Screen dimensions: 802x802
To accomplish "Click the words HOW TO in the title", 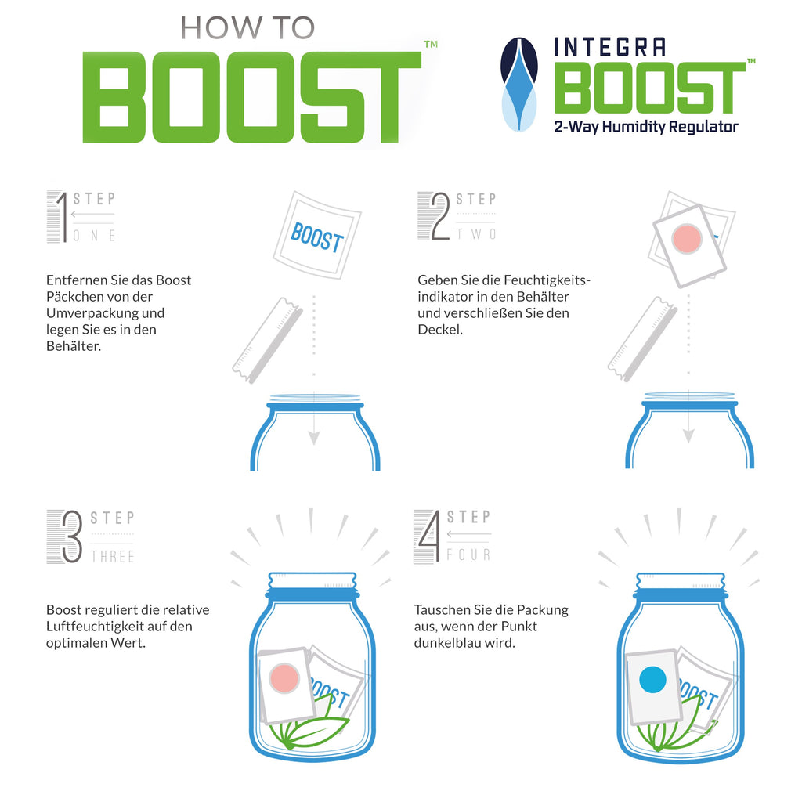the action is click(x=247, y=28).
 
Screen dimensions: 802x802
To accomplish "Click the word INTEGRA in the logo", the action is click(x=610, y=47).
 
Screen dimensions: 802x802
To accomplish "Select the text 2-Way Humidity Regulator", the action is click(x=646, y=127).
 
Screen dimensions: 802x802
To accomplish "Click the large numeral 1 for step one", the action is click(x=63, y=217).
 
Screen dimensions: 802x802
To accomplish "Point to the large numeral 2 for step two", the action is click(x=440, y=216).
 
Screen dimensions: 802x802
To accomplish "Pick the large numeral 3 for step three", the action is click(x=71, y=536).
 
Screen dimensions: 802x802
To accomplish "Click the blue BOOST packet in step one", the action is click(x=317, y=236).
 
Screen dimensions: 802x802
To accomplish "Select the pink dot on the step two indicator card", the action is click(x=686, y=239).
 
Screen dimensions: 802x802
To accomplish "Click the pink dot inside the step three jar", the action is click(x=284, y=678).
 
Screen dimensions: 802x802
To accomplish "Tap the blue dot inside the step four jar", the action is click(x=652, y=680).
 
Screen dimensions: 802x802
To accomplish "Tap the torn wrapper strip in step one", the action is click(x=268, y=341).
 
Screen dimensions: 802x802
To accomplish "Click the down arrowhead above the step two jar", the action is click(x=688, y=435).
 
